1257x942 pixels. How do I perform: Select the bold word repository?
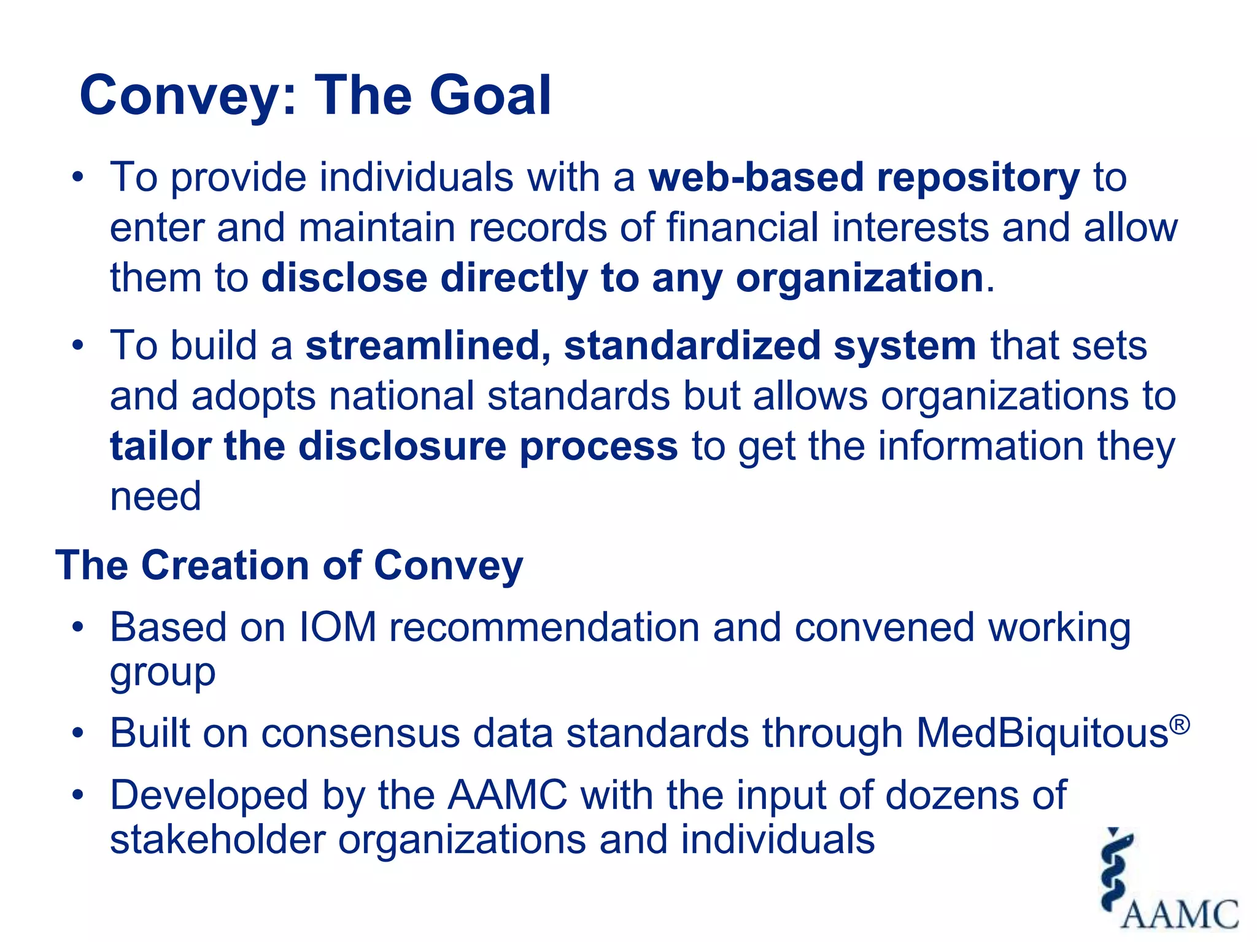coord(978,178)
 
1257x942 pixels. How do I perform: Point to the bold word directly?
coord(513,278)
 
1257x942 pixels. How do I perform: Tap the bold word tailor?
coord(160,446)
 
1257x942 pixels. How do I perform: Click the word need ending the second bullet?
coord(155,496)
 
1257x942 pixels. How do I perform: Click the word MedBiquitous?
coord(1042,733)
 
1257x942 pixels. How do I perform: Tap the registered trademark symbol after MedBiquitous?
coord(1179,724)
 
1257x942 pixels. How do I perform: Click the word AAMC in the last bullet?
coord(507,795)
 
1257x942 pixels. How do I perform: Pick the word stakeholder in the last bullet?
coord(217,840)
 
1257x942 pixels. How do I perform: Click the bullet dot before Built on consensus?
coord(77,733)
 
